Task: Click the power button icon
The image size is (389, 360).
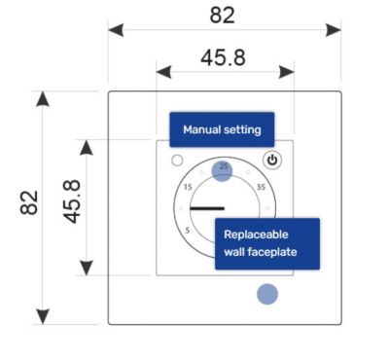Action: (x=272, y=161)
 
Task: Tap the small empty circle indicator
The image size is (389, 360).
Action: (x=177, y=161)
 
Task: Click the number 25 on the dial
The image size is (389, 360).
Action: (x=224, y=166)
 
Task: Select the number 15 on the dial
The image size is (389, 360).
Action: (x=188, y=187)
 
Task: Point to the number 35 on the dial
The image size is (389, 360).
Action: (x=261, y=187)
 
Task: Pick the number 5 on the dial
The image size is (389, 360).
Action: (x=188, y=231)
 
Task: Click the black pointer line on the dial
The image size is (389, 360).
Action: (x=207, y=208)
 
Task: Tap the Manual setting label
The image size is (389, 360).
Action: (x=222, y=129)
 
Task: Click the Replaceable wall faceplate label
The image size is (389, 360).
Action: (x=267, y=243)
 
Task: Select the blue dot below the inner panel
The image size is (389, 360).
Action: (x=267, y=294)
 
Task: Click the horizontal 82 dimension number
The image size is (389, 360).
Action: (x=222, y=15)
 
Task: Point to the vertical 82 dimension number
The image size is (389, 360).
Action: (x=29, y=202)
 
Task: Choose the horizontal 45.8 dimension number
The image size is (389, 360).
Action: (x=223, y=58)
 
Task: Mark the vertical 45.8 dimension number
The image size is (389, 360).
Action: (x=71, y=201)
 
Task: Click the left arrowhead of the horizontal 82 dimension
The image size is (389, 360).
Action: (x=116, y=30)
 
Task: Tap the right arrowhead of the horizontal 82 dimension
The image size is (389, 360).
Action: (x=334, y=30)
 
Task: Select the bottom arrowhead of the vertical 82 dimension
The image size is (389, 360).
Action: (x=43, y=316)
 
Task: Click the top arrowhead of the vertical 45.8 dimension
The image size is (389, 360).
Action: (x=87, y=148)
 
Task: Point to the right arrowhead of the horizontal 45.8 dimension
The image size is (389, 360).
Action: (x=287, y=72)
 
